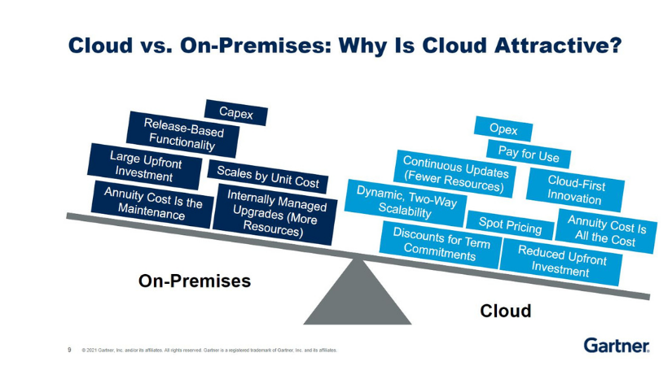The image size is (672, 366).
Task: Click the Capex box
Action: (236, 112)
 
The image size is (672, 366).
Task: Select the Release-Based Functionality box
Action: (183, 134)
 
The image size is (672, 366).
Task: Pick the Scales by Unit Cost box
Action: (268, 176)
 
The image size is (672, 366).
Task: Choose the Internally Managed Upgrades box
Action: (276, 213)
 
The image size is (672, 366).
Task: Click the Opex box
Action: (503, 129)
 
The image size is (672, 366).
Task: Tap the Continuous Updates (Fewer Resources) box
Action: (454, 173)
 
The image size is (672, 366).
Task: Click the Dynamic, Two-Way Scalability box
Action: (405, 203)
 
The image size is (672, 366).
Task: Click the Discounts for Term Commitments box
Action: (440, 245)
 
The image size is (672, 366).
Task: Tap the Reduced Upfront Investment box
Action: (558, 259)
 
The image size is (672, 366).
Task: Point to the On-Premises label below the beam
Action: (194, 281)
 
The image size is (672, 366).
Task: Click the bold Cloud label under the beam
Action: (505, 311)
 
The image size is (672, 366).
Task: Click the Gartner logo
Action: (616, 345)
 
